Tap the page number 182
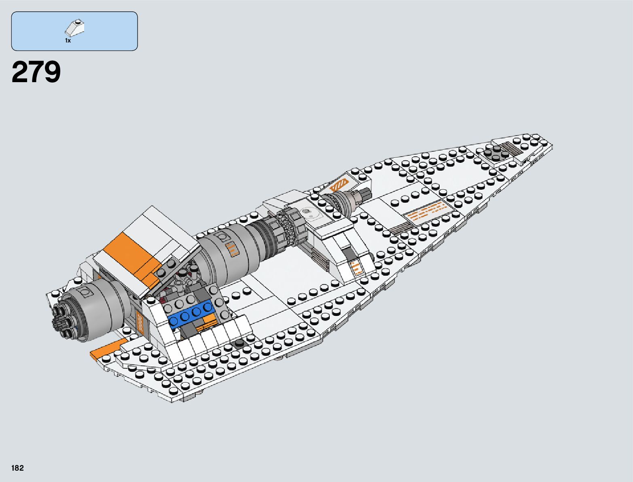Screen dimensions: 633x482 (x=18, y=468)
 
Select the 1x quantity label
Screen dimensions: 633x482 (x=68, y=40)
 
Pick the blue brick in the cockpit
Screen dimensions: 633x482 (x=191, y=314)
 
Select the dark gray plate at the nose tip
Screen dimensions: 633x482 (x=495, y=154)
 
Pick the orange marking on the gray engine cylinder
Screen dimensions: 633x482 (x=232, y=250)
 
